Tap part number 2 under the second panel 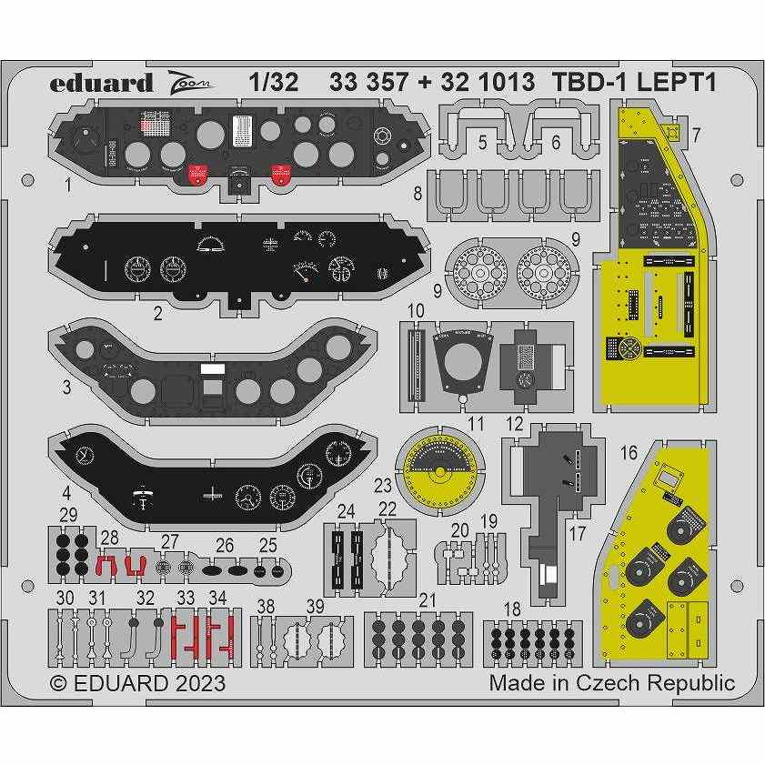157,314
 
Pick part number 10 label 416,311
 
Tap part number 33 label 186,598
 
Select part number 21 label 428,599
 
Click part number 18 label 512,608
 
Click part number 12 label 515,423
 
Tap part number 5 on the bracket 483,141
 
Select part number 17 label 577,535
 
